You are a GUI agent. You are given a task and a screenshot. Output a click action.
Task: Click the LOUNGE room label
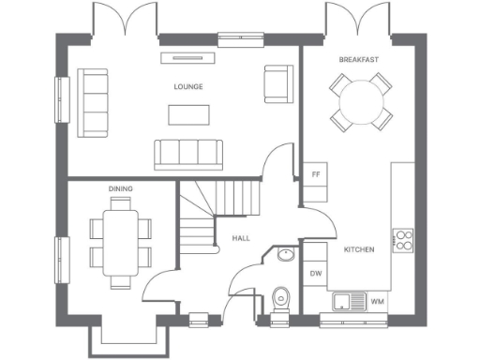(188, 86)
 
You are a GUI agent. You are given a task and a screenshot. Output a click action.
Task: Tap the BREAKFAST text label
(359, 60)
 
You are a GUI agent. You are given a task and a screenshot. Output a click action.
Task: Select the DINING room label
(120, 188)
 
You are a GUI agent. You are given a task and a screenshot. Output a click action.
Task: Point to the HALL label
(241, 239)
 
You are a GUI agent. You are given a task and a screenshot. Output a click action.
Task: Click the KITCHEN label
(359, 249)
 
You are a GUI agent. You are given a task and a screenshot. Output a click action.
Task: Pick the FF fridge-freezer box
(316, 174)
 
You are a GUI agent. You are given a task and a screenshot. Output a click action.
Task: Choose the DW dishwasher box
(316, 274)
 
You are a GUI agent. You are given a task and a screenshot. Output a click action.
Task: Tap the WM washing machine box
(377, 301)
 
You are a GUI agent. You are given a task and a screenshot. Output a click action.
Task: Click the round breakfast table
(360, 101)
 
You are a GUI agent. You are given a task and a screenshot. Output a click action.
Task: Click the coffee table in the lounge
(188, 114)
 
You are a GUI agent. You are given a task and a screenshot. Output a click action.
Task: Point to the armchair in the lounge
(277, 84)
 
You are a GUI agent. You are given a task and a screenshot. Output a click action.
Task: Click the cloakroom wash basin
(284, 255)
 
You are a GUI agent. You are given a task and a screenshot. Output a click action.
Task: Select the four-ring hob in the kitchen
(403, 240)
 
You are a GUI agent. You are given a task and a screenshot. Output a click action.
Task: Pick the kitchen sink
(348, 301)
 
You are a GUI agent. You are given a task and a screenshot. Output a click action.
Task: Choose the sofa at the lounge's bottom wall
(188, 153)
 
